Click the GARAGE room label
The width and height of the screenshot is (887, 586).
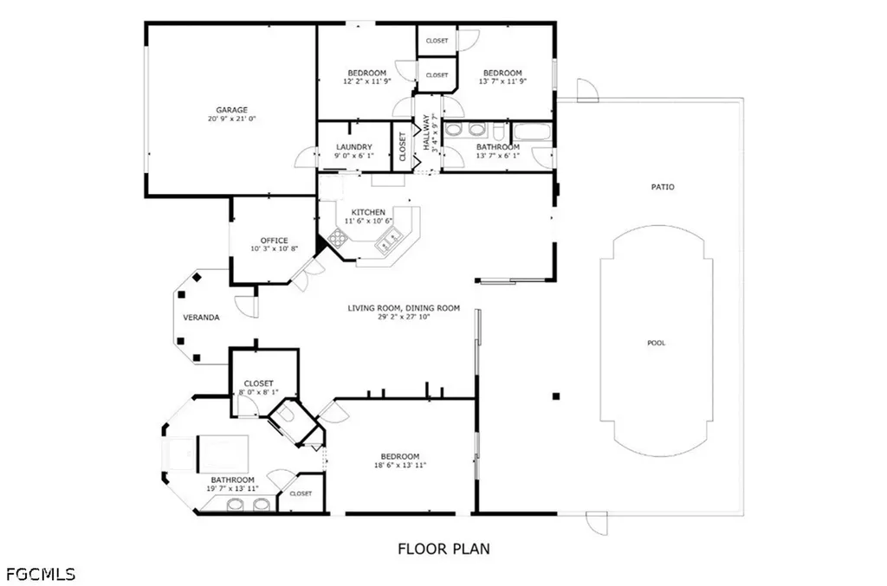(x=232, y=110)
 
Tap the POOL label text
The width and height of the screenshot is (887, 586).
(x=657, y=343)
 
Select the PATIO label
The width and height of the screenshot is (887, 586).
(x=663, y=187)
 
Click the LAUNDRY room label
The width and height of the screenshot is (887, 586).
(x=354, y=147)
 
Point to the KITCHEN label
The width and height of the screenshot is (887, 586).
(x=368, y=212)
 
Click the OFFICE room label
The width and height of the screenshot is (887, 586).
(x=274, y=241)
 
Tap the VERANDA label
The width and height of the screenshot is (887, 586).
(x=201, y=318)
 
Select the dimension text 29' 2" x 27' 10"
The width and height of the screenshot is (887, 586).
(x=404, y=317)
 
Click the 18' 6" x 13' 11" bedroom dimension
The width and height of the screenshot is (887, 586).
(x=399, y=465)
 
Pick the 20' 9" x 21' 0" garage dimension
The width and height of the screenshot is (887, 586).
(x=232, y=119)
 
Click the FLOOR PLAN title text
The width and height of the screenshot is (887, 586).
(x=443, y=548)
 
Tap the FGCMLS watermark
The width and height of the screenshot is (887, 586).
(x=40, y=574)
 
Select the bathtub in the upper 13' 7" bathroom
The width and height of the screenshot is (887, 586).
(x=530, y=132)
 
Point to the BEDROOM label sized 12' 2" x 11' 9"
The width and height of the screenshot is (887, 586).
(x=367, y=73)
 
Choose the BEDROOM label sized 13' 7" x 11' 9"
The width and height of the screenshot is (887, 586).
(x=502, y=73)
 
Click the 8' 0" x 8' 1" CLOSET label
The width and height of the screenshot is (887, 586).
(x=258, y=383)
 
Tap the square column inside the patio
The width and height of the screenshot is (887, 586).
(x=557, y=396)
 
